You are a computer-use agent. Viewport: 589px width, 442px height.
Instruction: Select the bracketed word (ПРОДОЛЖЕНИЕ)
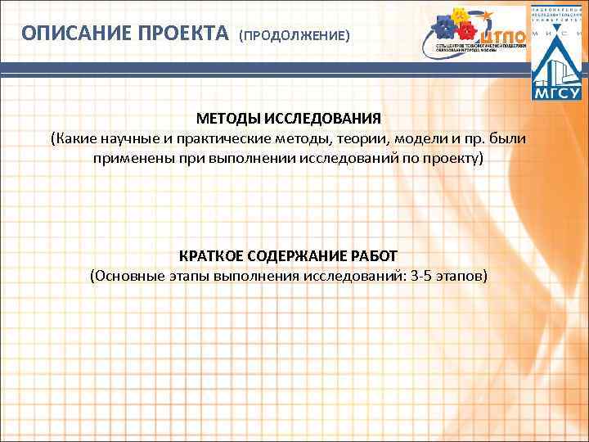click(x=294, y=36)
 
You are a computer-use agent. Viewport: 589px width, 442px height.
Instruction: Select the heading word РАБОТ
click(x=380, y=255)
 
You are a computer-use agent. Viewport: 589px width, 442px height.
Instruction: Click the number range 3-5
click(x=424, y=275)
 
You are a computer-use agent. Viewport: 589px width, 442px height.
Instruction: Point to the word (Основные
click(x=124, y=275)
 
